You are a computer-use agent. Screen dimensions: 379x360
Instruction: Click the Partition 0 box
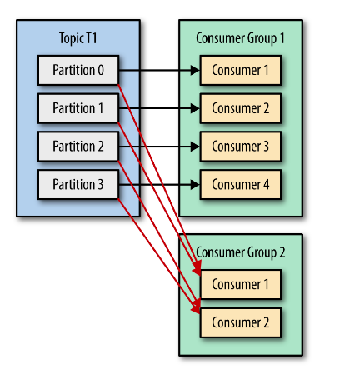click(x=78, y=71)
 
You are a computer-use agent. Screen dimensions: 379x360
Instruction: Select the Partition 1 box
click(x=78, y=108)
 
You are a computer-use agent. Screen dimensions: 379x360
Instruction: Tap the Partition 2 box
click(x=78, y=147)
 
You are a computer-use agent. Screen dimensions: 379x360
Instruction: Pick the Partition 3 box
click(x=78, y=184)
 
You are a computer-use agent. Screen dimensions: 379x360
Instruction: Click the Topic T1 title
click(x=78, y=39)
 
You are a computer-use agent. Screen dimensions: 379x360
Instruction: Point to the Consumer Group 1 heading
click(x=240, y=39)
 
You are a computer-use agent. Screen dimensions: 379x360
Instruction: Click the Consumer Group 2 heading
click(x=240, y=252)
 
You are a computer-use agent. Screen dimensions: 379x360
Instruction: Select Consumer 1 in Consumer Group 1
click(x=240, y=71)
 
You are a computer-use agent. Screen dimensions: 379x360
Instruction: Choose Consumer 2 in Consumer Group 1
click(x=240, y=108)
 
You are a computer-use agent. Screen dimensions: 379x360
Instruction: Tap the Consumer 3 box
click(x=240, y=147)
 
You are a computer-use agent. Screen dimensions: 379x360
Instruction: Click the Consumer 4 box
click(x=240, y=184)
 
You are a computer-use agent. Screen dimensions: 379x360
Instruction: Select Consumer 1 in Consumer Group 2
click(x=240, y=284)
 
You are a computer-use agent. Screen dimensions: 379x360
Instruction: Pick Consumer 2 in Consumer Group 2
click(x=240, y=322)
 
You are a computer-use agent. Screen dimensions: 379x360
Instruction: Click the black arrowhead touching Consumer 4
click(x=195, y=184)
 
